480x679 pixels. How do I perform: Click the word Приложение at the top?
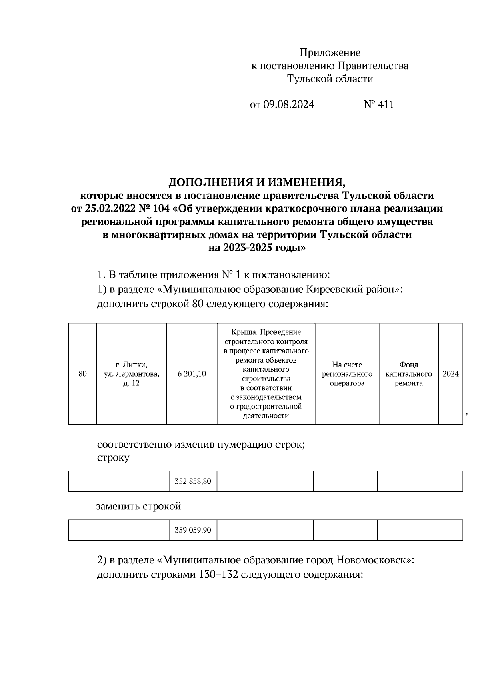pyautogui.click(x=330, y=53)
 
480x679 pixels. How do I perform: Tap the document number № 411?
pyautogui.click(x=379, y=105)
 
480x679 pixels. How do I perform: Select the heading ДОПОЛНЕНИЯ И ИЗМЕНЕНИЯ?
pyautogui.click(x=256, y=183)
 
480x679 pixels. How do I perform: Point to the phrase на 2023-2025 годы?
pyautogui.click(x=256, y=248)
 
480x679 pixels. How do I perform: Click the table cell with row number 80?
pyautogui.click(x=82, y=374)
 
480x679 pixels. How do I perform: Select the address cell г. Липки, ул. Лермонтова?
pyautogui.click(x=131, y=374)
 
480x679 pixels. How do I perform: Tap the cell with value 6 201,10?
pyautogui.click(x=192, y=374)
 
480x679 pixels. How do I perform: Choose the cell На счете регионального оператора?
pyautogui.click(x=347, y=374)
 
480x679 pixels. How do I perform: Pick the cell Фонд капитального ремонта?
pyautogui.click(x=408, y=374)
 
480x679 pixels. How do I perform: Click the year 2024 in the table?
pyautogui.click(x=450, y=374)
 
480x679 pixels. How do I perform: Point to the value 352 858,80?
pyautogui.click(x=193, y=481)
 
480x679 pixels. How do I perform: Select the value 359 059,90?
pyautogui.click(x=193, y=530)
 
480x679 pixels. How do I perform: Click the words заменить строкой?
pyautogui.click(x=138, y=507)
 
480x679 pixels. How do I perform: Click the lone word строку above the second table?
pyautogui.click(x=113, y=458)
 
